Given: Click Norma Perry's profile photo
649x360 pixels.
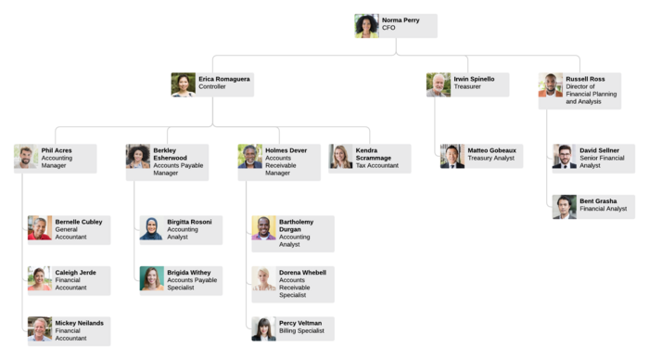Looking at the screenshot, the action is point(366,26).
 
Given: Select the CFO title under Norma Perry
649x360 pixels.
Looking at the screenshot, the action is point(388,28).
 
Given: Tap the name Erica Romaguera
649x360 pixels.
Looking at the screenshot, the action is point(224,79).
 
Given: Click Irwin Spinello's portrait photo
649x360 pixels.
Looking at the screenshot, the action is point(439,85).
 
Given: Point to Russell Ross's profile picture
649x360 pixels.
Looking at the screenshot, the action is point(551,85).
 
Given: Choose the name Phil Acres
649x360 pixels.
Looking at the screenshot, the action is point(57,150).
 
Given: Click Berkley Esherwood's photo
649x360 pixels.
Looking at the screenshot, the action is point(138,157).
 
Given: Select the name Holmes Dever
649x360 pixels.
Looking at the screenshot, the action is point(286,150).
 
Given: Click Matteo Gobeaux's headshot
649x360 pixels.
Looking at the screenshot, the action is point(452,157).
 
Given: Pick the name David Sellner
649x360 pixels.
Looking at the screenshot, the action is point(599,150).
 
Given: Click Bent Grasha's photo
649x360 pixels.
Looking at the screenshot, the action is point(565,207).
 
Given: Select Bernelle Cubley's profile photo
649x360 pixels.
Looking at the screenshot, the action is point(40,228).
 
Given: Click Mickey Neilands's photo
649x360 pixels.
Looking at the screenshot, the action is point(40,329).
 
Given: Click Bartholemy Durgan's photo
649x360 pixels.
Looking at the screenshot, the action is point(264,228).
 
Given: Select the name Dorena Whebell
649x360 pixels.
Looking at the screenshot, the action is point(302,273).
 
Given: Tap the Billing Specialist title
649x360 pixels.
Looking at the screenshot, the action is point(301,330).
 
